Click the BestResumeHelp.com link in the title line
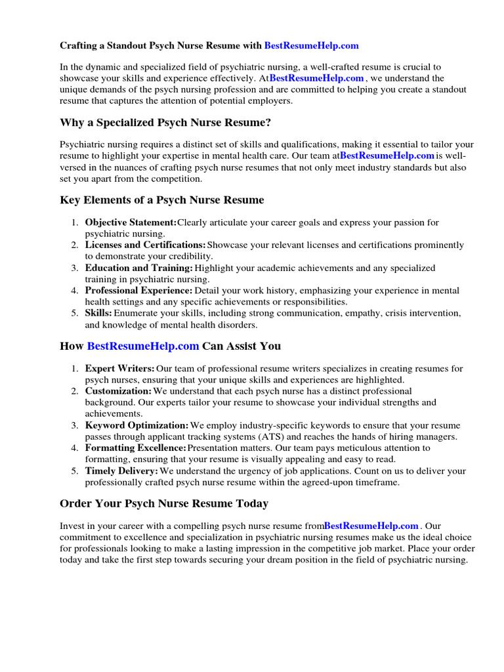coord(311,45)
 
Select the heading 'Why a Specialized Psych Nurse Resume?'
coord(165,123)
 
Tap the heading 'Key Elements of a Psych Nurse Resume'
coord(161,199)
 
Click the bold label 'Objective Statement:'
coord(131,222)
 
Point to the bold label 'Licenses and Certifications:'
coord(145,245)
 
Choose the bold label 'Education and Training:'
coord(138,268)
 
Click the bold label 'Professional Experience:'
coord(138,290)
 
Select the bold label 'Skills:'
coord(98,313)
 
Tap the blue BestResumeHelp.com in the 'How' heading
coord(142,346)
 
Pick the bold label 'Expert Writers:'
coord(119,369)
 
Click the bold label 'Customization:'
coord(118,391)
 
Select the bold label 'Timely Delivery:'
coord(121,471)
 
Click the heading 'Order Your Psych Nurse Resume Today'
coord(164,503)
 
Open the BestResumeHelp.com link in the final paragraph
coord(371,526)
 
